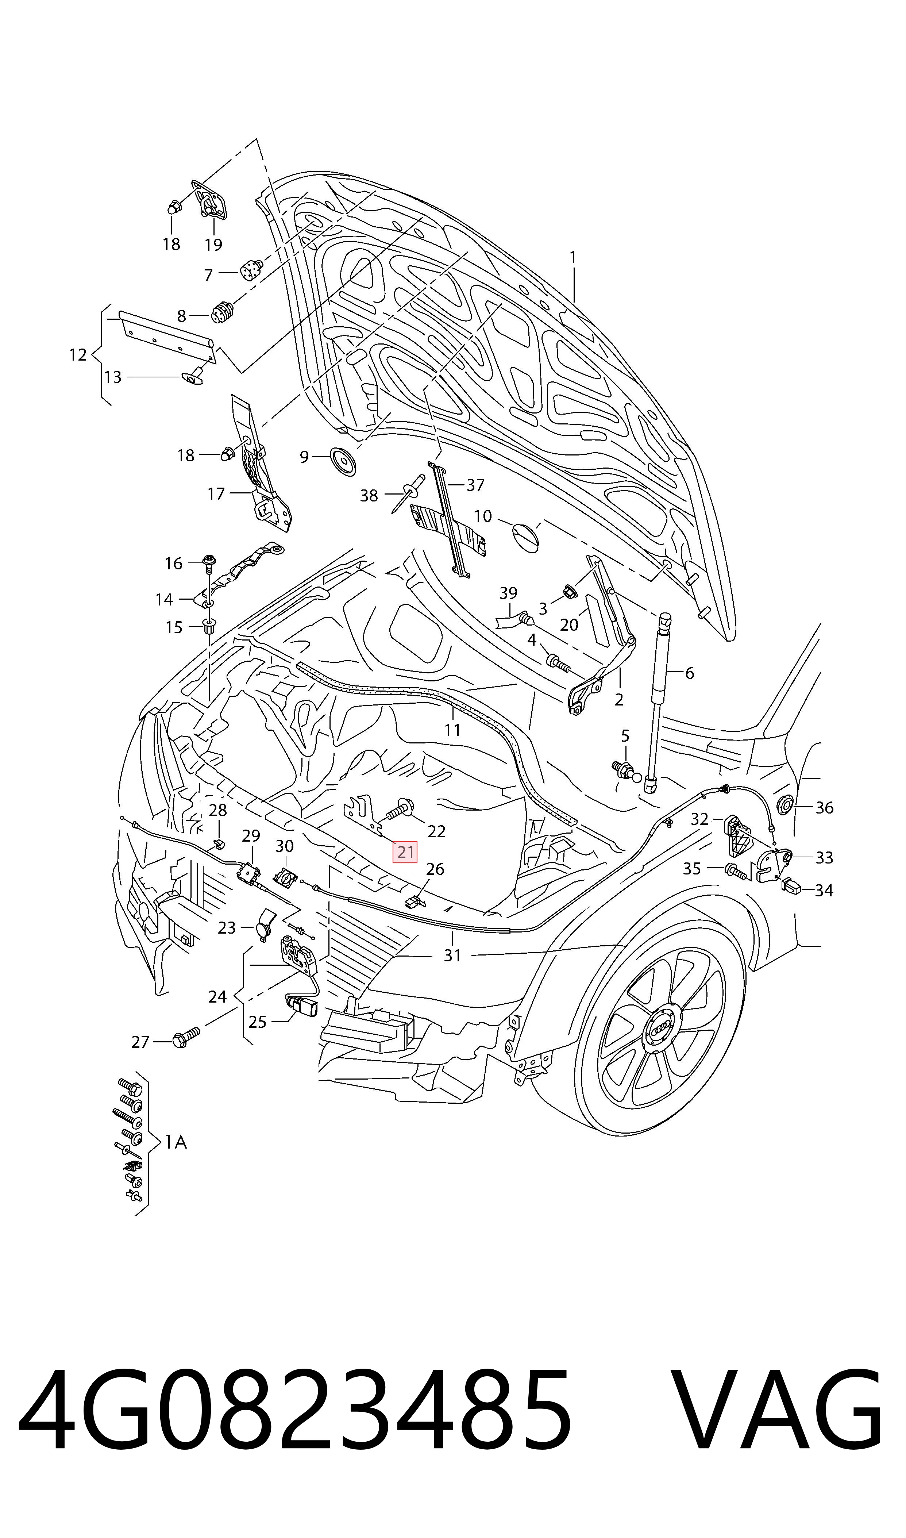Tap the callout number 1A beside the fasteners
176,1142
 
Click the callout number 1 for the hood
572,258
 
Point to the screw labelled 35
736,871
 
